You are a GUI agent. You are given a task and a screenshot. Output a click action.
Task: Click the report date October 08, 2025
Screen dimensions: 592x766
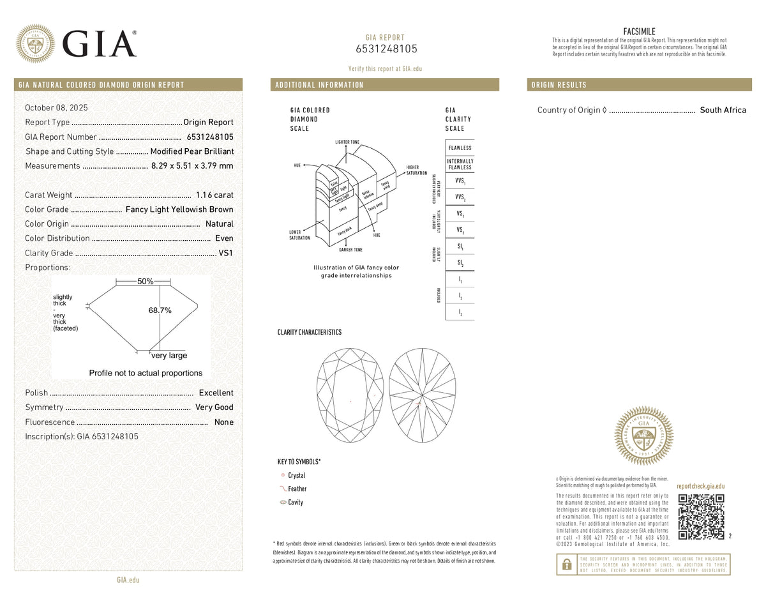pyautogui.click(x=57, y=107)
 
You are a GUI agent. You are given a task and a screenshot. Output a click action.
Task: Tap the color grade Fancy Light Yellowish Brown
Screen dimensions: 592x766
pyautogui.click(x=179, y=209)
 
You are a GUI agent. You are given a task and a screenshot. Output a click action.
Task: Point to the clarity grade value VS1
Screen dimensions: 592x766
pyautogui.click(x=226, y=253)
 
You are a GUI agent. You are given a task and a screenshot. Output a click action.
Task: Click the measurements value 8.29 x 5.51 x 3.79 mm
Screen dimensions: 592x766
pyautogui.click(x=192, y=166)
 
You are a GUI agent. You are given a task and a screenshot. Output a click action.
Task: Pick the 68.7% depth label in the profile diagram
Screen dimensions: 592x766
pyautogui.click(x=160, y=310)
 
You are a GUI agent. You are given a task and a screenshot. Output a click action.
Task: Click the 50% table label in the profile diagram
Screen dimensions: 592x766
pyautogui.click(x=145, y=282)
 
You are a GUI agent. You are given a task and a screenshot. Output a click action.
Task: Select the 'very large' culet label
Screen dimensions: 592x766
pyautogui.click(x=169, y=356)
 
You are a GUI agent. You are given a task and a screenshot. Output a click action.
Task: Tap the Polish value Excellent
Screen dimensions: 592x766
pyautogui.click(x=216, y=393)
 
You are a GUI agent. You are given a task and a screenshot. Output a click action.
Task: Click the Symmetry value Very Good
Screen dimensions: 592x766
pyautogui.click(x=214, y=407)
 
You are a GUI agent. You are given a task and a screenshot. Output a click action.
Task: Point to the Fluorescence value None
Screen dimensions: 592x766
pyautogui.click(x=223, y=422)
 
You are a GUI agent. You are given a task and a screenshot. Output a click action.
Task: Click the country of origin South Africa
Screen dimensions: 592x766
pyautogui.click(x=723, y=110)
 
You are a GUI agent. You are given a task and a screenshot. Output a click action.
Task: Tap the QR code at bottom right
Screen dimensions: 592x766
pyautogui.click(x=700, y=517)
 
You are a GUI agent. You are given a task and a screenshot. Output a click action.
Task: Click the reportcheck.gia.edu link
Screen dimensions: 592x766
pyautogui.click(x=700, y=486)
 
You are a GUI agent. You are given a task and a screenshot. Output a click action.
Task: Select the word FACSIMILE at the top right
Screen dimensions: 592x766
pyautogui.click(x=639, y=31)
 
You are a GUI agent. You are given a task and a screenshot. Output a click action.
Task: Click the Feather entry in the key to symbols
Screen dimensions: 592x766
pyautogui.click(x=296, y=489)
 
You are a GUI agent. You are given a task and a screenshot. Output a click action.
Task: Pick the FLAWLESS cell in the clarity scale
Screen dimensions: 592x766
pyautogui.click(x=460, y=148)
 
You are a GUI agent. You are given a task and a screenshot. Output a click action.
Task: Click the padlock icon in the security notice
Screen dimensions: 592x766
pyautogui.click(x=566, y=565)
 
